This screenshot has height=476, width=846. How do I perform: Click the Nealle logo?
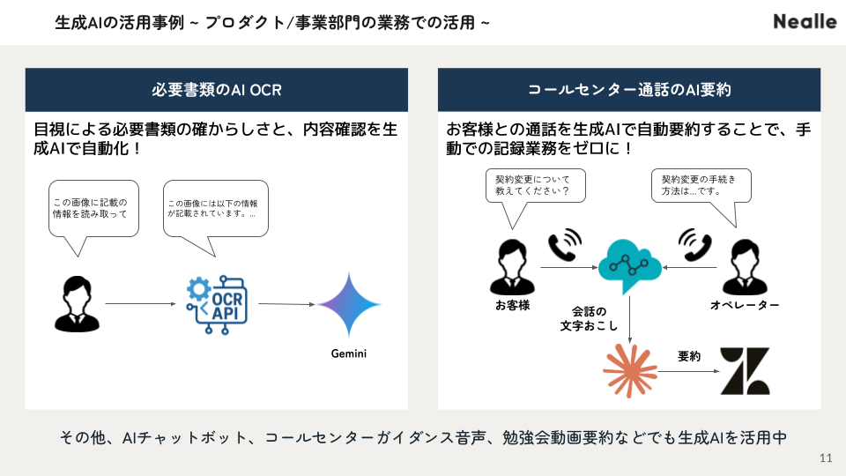tap(805, 21)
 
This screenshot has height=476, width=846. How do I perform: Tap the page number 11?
tap(826, 458)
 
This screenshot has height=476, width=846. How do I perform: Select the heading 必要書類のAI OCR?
tap(217, 90)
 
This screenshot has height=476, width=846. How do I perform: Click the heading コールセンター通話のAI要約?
tap(629, 90)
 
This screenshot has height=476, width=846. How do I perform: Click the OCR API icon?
tap(217, 304)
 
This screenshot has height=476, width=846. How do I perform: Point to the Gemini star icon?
tap(349, 304)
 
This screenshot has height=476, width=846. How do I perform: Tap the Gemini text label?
tap(349, 353)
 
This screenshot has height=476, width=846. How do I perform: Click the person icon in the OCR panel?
tap(77, 303)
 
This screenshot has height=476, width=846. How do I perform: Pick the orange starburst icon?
tap(629, 371)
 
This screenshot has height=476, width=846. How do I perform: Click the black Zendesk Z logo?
tap(746, 371)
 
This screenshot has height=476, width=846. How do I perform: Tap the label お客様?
tap(513, 306)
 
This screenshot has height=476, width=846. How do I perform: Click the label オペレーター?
tap(745, 306)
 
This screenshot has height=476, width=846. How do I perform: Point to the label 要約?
tap(689, 356)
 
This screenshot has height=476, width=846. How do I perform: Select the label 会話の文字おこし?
tap(589, 318)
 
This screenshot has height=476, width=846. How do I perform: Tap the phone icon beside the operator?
tap(695, 244)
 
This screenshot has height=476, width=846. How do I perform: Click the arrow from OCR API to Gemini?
tap(286, 304)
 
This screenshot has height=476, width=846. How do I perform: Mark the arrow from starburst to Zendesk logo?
tap(688, 371)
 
